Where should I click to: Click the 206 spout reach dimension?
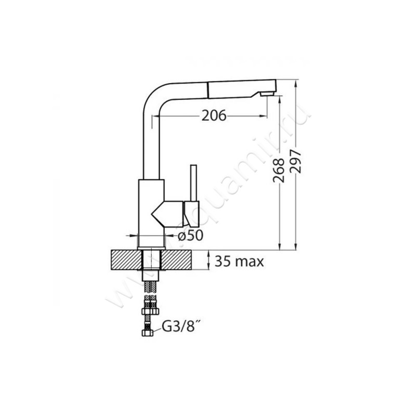tap(214, 115)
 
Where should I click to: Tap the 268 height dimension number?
tap(278, 171)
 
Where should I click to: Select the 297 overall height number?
tap(295, 161)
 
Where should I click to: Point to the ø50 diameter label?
tap(190, 235)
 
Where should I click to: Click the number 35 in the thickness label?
tap(223, 262)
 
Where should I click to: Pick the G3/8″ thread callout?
tap(180, 327)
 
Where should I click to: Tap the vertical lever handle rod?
tap(193, 183)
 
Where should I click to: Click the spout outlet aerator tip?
tap(267, 94)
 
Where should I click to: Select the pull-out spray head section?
tap(241, 89)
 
